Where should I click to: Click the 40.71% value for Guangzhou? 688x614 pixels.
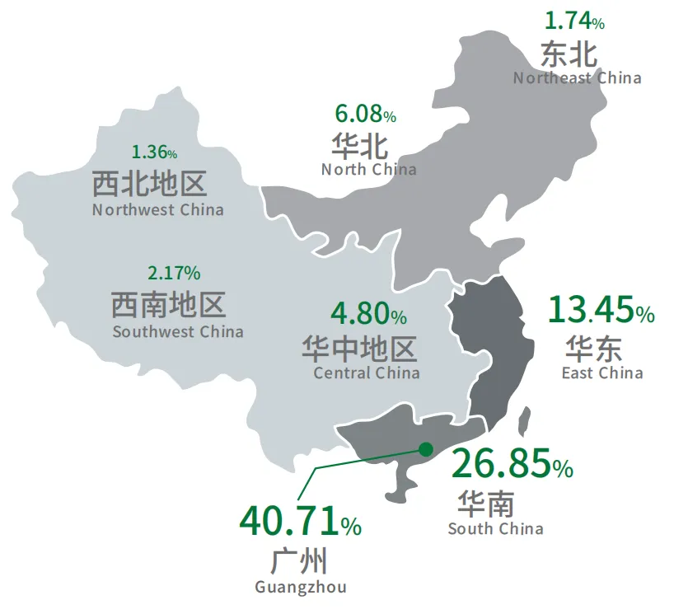coord(300,521)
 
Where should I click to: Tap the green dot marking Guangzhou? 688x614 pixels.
coord(425,449)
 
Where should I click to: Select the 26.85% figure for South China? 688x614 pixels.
coord(512,465)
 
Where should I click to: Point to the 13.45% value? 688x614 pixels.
coord(601,311)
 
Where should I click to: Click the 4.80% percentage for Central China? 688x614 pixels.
coord(367,314)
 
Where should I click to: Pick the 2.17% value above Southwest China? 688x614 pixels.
coord(173,272)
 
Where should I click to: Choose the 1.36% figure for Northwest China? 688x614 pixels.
coord(154,152)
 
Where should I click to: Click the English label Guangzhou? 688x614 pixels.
coord(301,588)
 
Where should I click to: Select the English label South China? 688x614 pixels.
coord(495,528)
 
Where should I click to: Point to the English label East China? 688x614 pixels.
coord(602,373)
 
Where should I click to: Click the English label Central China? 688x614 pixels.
coord(367,373)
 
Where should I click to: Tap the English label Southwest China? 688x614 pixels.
coord(178,332)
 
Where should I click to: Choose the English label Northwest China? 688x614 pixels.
coord(157,209)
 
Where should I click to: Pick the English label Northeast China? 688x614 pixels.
coord(577,78)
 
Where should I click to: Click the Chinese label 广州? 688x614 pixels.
coord(299,561)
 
